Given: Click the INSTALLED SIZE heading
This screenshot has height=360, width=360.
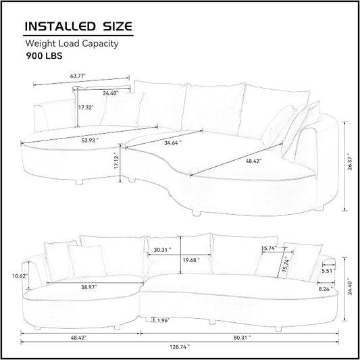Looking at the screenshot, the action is point(78,26).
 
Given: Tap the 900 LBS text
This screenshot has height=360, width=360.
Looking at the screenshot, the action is point(44,56).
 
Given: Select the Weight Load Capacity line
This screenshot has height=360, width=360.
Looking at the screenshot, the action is point(72,43).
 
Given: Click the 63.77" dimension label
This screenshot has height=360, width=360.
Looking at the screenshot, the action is point(78,76).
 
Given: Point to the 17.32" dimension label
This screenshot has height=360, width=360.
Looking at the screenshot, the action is point(86,107).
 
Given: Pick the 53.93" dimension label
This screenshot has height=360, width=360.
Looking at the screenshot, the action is point(90,140).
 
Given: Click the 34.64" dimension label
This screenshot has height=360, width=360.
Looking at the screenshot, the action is point(173,143).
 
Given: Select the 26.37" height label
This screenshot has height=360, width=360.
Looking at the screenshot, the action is point(350,161).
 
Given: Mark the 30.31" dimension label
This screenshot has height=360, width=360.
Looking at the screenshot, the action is point(162,249).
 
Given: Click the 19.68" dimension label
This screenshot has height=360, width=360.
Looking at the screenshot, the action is point(191,260).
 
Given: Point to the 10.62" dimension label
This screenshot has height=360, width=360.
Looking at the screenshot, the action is point(20,276).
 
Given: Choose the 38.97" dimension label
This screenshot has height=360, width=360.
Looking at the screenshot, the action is point(89,287).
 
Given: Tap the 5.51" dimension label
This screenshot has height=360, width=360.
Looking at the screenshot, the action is point(328,271).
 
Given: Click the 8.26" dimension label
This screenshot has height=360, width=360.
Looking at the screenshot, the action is point(326,289).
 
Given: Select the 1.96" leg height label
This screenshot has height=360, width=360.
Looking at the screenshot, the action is point(163,320).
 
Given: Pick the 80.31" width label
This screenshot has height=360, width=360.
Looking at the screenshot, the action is point(242,338).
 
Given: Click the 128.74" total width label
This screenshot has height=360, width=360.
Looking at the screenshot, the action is point(180,347).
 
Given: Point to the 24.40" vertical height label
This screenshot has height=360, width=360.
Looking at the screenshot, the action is point(350,288).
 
